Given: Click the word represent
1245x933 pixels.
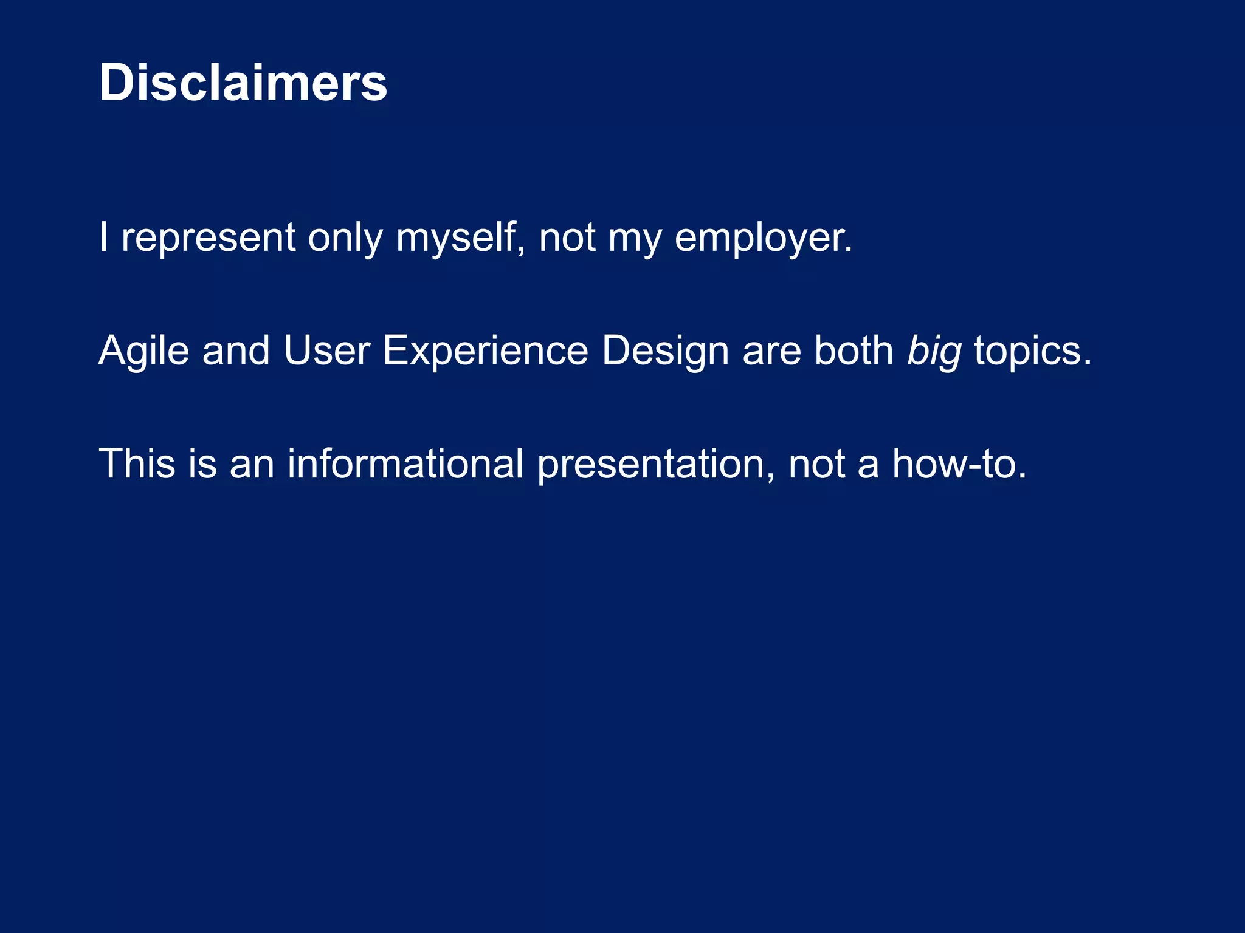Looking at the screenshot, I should coord(208,238).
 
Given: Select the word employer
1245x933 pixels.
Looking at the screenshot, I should coord(763,238).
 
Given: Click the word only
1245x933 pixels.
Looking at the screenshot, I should coord(345,238).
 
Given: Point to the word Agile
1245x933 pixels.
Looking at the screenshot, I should coord(143,351).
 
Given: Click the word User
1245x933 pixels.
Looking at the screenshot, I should coord(326,351).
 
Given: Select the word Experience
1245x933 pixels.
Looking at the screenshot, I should coord(485,351).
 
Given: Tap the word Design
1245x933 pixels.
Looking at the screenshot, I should coord(665,351).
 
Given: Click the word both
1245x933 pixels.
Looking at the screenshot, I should coord(854,351).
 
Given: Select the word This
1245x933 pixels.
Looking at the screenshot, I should coord(137,464).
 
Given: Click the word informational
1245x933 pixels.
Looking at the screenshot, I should coord(405,464).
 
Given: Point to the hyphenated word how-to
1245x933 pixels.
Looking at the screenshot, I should coord(959,464).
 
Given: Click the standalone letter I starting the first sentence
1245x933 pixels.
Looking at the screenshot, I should coord(104,238).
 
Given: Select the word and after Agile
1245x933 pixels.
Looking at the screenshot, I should coord(236,351).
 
